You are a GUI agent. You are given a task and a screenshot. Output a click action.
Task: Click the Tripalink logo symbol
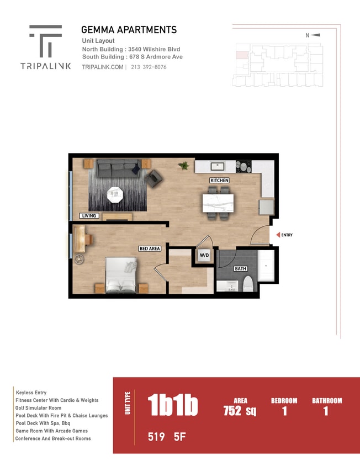[45, 41]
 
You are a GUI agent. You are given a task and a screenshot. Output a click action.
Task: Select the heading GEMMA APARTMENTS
[129, 30]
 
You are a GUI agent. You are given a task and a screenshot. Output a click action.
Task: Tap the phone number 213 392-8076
[149, 67]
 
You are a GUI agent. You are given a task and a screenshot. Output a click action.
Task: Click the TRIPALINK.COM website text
[102, 67]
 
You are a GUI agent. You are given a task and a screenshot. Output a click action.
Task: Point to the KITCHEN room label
[219, 181]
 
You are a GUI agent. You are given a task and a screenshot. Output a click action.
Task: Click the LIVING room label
[89, 216]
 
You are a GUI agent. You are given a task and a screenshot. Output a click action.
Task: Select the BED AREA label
[150, 248]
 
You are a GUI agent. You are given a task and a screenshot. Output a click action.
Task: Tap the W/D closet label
[204, 255]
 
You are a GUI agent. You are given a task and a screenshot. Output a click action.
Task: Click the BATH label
[240, 269]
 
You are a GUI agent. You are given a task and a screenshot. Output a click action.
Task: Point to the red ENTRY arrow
[278, 235]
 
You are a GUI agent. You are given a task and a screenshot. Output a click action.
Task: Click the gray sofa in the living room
[117, 167]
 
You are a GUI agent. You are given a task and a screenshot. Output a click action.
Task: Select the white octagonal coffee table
[115, 194]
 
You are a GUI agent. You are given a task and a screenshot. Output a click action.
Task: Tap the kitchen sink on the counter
[218, 166]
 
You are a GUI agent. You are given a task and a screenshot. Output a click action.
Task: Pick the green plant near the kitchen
[183, 166]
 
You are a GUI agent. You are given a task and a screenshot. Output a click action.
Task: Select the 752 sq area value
[240, 411]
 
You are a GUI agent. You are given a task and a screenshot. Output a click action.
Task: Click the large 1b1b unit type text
[173, 406]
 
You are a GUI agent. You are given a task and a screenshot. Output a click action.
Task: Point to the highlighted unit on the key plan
[241, 55]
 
